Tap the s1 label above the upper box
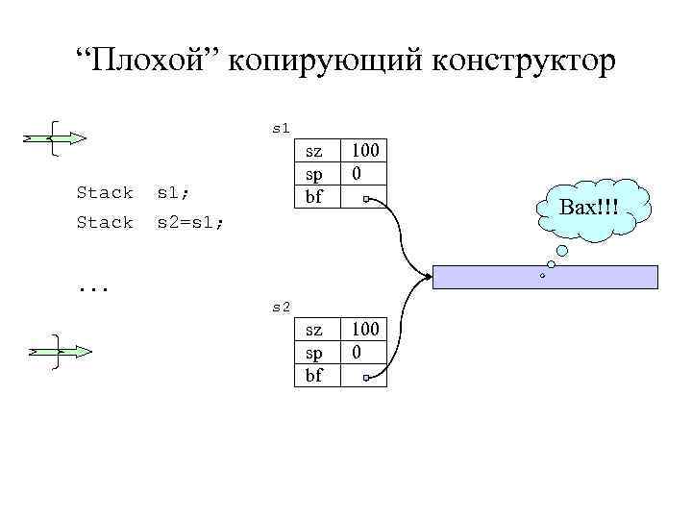(281, 127)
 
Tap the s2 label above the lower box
(281, 307)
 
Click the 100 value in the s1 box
(364, 150)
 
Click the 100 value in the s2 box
(364, 330)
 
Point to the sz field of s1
(314, 150)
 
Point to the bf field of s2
(314, 375)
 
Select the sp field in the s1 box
(314, 173)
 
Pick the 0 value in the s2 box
(357, 353)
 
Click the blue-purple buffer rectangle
(545, 277)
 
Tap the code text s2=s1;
(191, 222)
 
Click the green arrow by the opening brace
(56, 138)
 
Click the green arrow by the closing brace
(60, 352)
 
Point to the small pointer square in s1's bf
(367, 200)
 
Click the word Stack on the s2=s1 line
(104, 222)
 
